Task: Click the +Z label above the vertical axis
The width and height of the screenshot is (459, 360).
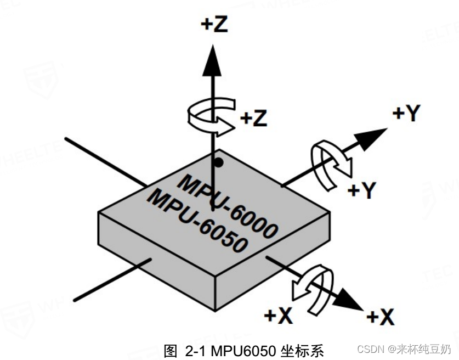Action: (213, 25)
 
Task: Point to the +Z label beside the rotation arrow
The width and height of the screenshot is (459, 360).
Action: (254, 117)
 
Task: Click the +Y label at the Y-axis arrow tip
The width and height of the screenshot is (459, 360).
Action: (406, 114)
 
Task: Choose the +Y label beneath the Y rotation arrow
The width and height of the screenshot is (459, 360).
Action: (362, 190)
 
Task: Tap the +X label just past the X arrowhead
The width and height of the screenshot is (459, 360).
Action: (380, 317)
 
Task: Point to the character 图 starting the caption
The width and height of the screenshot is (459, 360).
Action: (170, 350)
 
